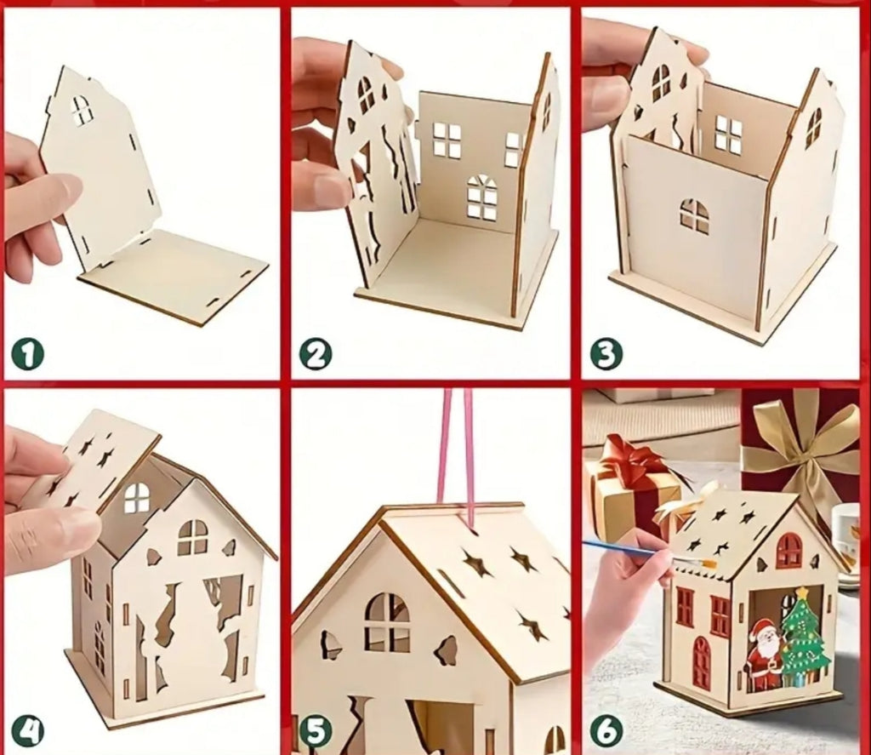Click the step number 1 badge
click(27, 353)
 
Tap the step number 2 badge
click(315, 353)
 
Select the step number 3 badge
click(606, 353)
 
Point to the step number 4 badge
click(27, 730)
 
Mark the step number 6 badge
click(606, 730)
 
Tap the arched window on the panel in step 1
click(82, 110)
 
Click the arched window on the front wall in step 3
click(694, 215)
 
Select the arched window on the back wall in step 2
click(482, 197)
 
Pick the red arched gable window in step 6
click(788, 551)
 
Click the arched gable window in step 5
click(387, 622)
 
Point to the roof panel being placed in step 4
click(94, 460)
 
